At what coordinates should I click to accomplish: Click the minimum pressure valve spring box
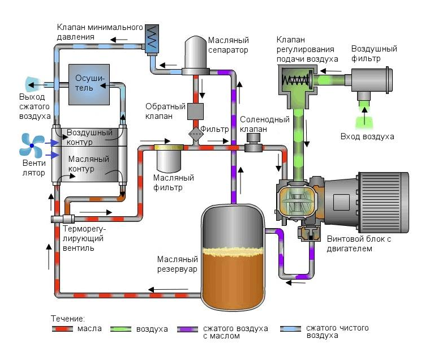pos(152,38)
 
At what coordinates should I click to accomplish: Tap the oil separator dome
pos(196,53)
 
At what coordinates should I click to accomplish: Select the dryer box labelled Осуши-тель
pos(89,84)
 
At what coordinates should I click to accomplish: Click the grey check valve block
pos(195,112)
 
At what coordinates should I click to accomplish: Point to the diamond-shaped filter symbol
pos(196,134)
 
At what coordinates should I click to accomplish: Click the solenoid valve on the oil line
pos(254,143)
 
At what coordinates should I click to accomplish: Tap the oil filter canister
pos(169,158)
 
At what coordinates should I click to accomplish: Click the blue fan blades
pos(32,145)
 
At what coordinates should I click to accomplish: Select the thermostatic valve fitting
pos(62,219)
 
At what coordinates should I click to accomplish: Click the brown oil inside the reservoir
pos(233,280)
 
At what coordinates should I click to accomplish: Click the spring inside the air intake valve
pos(295,80)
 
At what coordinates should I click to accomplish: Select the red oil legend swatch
pos(62,329)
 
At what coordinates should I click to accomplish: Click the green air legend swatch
pos(121,329)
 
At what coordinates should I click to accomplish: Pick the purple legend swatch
pos(187,329)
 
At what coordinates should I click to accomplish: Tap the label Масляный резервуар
pos(177,264)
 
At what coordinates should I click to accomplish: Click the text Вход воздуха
pos(367,136)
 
